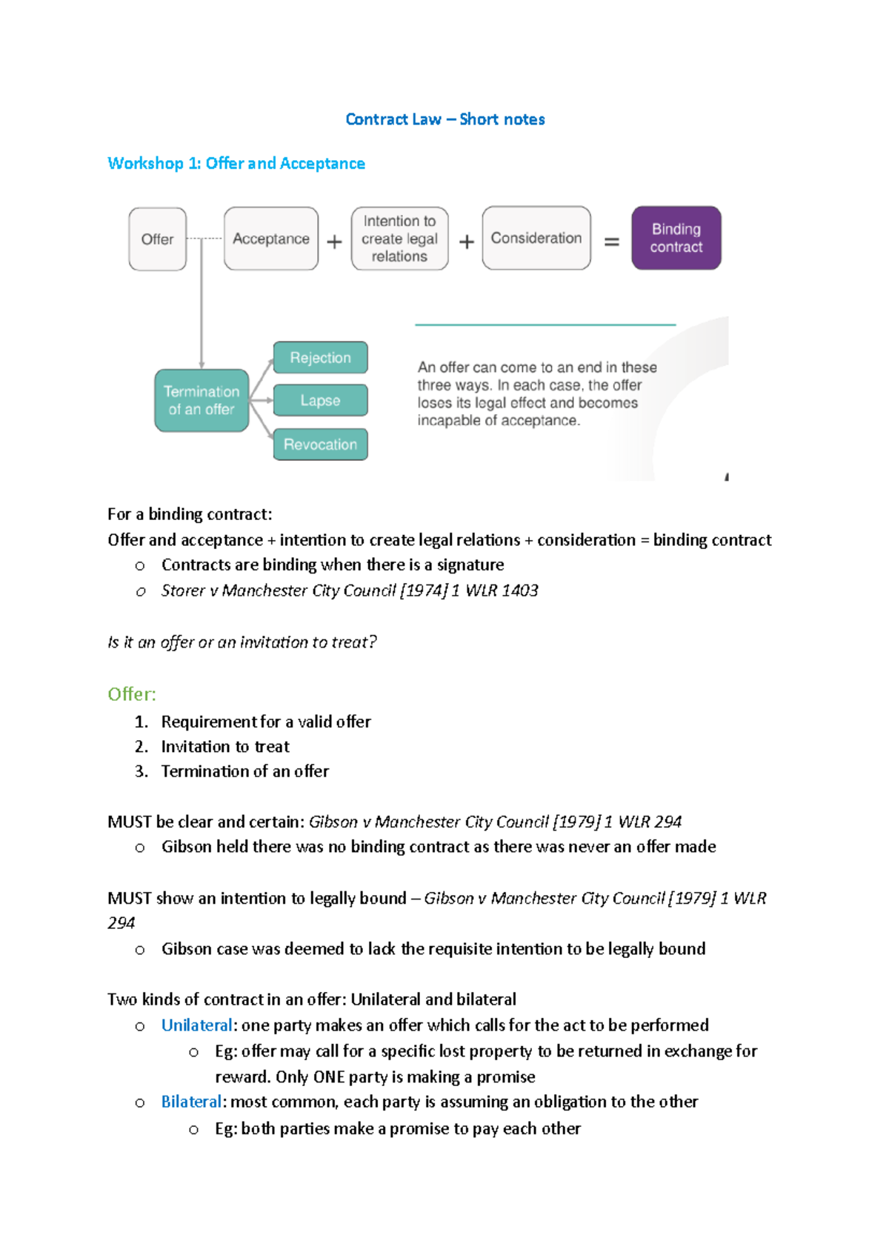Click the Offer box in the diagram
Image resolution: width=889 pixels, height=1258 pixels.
click(157, 239)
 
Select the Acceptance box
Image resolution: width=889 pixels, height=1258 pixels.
click(271, 239)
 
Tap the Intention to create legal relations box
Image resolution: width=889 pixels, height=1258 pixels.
click(399, 239)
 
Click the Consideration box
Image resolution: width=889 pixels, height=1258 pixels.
click(536, 238)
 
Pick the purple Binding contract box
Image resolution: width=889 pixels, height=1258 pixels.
click(676, 238)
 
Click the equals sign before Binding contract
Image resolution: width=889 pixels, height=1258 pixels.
click(612, 242)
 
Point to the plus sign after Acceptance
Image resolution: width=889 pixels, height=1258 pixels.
click(335, 242)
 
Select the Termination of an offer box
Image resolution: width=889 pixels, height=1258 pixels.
click(202, 400)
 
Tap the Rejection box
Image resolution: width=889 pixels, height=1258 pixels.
click(320, 358)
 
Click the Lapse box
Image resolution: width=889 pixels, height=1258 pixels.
click(320, 400)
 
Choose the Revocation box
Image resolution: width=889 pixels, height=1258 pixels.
click(320, 445)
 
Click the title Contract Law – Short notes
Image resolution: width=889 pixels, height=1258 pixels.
click(444, 119)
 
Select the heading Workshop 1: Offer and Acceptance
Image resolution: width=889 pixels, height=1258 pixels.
click(236, 163)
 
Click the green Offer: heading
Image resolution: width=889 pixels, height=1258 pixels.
click(132, 694)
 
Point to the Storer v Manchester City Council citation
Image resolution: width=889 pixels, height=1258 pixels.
click(349, 590)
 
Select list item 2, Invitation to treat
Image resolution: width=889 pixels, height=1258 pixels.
click(225, 746)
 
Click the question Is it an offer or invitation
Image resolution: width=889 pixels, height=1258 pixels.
click(242, 642)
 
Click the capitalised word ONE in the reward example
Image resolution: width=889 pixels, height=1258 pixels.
click(329, 1076)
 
